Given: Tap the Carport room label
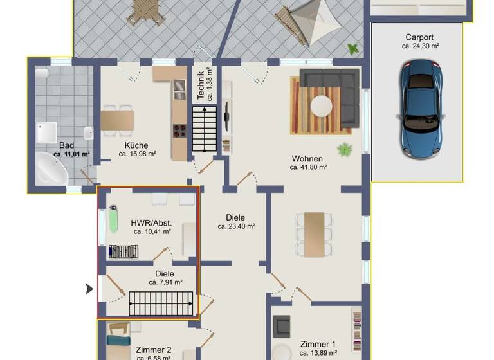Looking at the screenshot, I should point(419,37).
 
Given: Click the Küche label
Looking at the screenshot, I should point(136,145).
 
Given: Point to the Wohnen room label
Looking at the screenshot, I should point(307,158).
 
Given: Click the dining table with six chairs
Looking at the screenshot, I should point(315,231).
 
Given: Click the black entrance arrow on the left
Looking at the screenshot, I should point(90,290).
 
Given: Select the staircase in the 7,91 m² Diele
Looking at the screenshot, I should point(161,303).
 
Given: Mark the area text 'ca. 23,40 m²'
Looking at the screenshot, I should point(237,226).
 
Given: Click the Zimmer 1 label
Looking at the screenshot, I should point(318,344).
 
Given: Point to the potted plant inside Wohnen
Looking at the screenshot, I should point(345,149).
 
